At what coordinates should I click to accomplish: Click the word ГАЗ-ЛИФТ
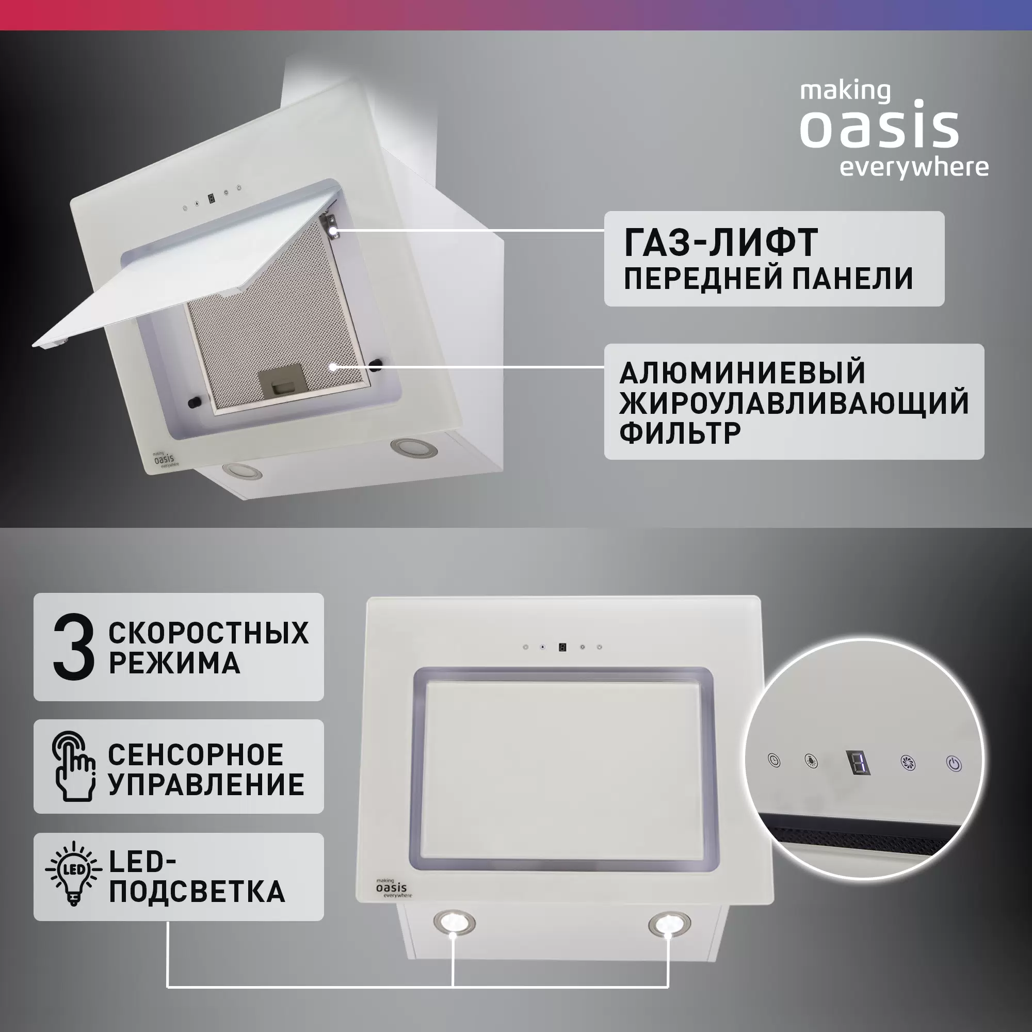click(x=720, y=243)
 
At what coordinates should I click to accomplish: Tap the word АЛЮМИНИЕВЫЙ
click(x=742, y=373)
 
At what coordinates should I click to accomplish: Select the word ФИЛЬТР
click(x=680, y=433)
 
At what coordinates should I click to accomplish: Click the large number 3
click(x=74, y=647)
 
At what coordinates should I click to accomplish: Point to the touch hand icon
click(x=74, y=767)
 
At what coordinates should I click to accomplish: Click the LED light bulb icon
click(x=74, y=875)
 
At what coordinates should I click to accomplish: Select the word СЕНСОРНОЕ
click(x=196, y=755)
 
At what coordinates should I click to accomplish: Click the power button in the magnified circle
click(x=954, y=763)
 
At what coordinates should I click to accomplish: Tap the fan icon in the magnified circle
click(x=908, y=762)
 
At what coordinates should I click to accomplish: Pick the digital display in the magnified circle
click(x=859, y=762)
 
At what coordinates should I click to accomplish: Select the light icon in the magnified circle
click(x=811, y=761)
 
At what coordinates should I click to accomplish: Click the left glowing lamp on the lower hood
click(x=454, y=922)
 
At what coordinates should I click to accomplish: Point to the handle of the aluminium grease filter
click(x=282, y=381)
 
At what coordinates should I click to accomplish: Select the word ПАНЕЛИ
click(x=851, y=278)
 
